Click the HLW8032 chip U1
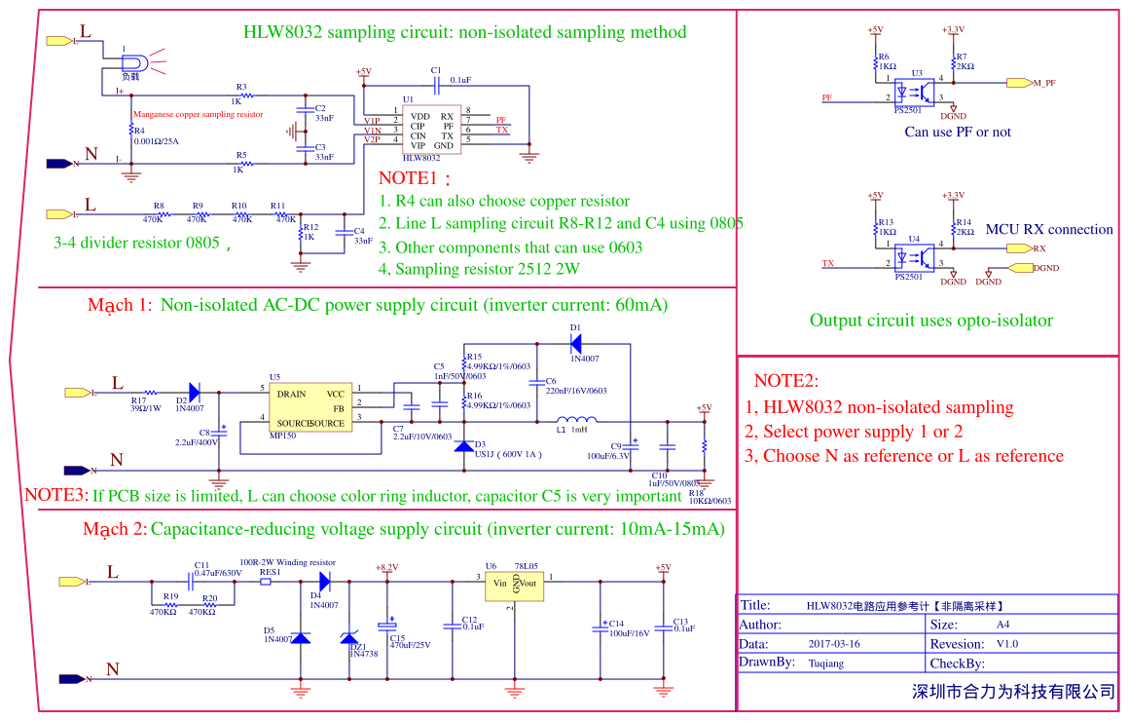pyautogui.click(x=429, y=130)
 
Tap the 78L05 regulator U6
pyautogui.click(x=514, y=583)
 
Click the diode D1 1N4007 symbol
pyautogui.click(x=576, y=342)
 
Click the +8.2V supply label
pyautogui.click(x=386, y=567)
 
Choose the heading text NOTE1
pyautogui.click(x=414, y=179)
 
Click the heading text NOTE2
pyautogui.click(x=786, y=381)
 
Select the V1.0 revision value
pyautogui.click(x=1006, y=644)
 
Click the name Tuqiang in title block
pyautogui.click(x=826, y=663)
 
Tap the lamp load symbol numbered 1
pyautogui.click(x=130, y=60)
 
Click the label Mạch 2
pyautogui.click(x=115, y=529)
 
